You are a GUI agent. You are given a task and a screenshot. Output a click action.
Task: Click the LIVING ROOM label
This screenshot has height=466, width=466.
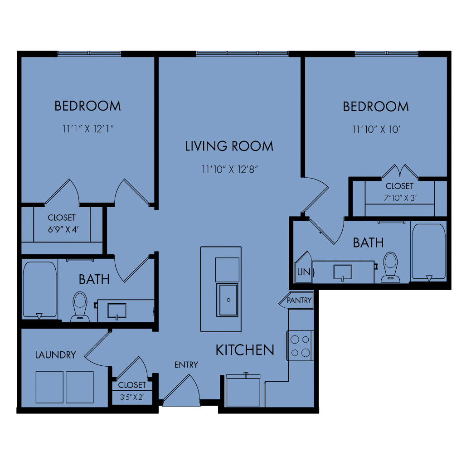229,146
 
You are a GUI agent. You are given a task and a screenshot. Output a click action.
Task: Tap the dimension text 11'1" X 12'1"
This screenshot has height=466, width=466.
88,129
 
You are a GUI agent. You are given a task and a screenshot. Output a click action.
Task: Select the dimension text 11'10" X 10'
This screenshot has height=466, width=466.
377,130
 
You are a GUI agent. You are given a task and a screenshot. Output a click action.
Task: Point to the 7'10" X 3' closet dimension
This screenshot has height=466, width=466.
400,198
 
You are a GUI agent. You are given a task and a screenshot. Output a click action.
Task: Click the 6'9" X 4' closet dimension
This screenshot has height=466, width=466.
63,229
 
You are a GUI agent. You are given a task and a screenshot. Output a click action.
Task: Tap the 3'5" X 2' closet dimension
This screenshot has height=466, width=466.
131,398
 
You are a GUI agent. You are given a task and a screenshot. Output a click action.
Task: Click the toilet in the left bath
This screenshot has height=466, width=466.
80,307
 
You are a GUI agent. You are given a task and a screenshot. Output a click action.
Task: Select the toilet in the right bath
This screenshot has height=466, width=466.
390,267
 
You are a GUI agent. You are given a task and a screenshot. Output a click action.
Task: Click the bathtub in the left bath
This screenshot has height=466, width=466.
40,290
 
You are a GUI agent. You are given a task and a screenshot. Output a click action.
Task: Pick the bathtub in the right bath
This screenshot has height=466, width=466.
428,252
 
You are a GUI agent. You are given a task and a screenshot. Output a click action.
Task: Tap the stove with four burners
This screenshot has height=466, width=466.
300,345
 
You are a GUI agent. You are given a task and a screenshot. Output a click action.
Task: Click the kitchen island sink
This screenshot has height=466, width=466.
228,300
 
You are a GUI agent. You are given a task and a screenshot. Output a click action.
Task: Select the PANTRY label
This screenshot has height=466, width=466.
299,301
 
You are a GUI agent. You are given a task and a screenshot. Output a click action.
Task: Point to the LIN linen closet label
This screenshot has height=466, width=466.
304,272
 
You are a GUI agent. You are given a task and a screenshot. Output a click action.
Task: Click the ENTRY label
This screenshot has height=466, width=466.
186,364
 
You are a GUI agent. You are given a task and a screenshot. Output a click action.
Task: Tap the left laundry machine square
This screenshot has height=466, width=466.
49,387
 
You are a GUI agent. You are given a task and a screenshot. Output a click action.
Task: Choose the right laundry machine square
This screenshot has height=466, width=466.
80,387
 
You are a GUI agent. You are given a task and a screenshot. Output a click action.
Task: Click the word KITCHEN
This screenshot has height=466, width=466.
245,350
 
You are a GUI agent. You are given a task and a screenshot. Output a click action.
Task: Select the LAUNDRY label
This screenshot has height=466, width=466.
56,355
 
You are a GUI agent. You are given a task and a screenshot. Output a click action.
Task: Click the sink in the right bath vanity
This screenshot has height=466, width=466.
343,272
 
